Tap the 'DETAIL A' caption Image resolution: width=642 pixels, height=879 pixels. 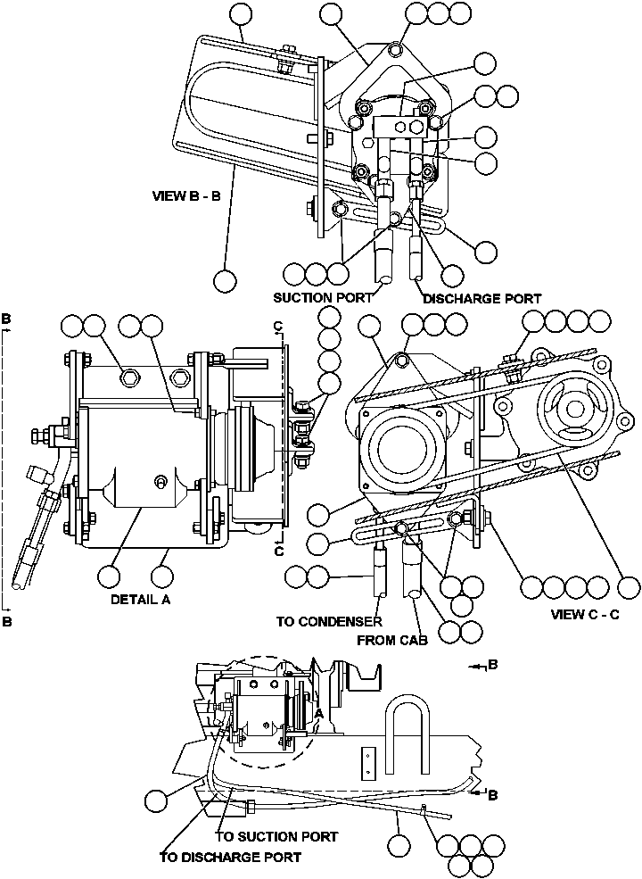click(x=140, y=600)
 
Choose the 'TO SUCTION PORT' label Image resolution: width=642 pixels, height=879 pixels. click(x=276, y=836)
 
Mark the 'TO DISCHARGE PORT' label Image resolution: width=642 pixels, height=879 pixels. click(x=230, y=857)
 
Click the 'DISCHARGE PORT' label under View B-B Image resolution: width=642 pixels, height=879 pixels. click(x=481, y=299)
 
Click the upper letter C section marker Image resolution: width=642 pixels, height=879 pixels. click(x=280, y=325)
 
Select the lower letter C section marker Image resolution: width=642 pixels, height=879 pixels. click(x=280, y=551)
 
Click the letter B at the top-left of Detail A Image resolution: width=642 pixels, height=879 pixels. click(x=6, y=318)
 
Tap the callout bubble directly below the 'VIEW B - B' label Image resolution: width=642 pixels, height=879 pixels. click(x=226, y=280)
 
